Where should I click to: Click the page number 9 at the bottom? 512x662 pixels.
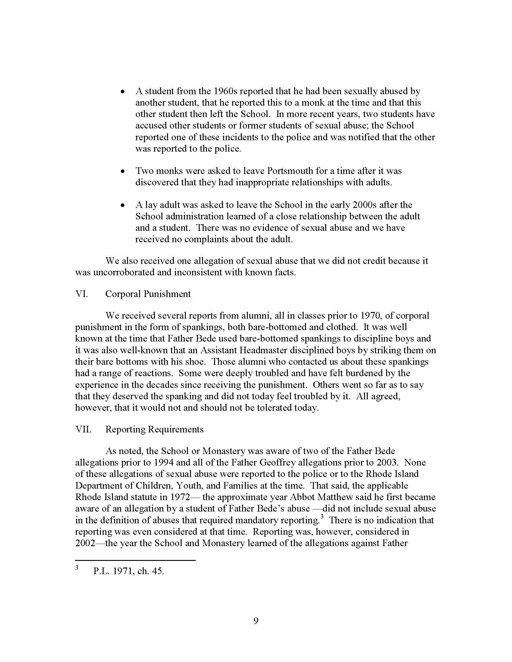pyautogui.click(x=256, y=621)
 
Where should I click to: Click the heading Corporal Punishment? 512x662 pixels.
pyautogui.click(x=148, y=294)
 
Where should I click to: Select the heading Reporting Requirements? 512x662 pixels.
pyautogui.click(x=155, y=429)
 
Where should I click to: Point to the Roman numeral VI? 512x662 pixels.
pyautogui.click(x=81, y=294)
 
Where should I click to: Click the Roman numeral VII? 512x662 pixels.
pyautogui.click(x=83, y=429)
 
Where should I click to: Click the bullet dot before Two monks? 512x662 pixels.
pyautogui.click(x=123, y=172)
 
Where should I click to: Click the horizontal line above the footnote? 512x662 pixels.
pyautogui.click(x=135, y=561)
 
